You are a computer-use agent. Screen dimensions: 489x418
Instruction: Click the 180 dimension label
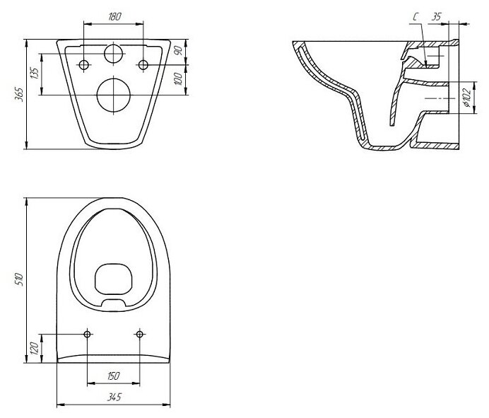[x=114, y=16]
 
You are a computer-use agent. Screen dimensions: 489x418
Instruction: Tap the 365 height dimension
[x=20, y=94]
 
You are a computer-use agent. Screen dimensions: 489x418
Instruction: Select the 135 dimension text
[x=35, y=73]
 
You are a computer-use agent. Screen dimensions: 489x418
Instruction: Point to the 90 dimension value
[x=178, y=50]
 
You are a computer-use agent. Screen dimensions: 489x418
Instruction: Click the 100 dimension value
[x=178, y=79]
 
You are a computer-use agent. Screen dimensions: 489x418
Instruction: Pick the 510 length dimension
[x=19, y=279]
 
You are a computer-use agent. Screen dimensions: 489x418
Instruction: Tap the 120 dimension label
[x=35, y=349]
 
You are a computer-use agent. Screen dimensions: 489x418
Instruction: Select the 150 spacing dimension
[x=113, y=376]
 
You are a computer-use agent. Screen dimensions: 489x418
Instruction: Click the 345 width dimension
[x=114, y=397]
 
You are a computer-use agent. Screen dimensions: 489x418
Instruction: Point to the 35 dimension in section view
[x=436, y=16]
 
